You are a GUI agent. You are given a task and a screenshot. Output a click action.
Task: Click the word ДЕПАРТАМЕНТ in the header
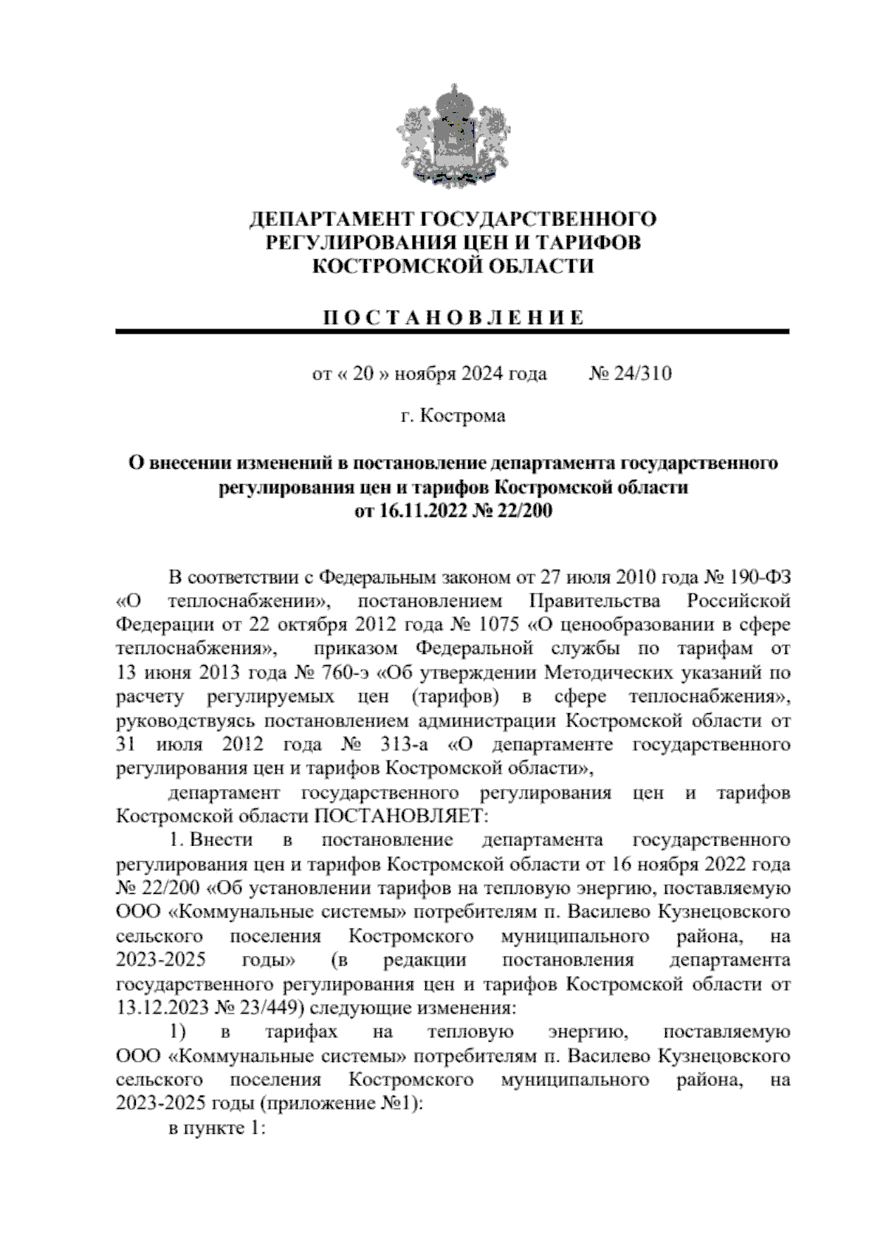point(331,220)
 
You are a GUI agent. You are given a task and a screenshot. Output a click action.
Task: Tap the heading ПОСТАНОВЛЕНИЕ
point(453,318)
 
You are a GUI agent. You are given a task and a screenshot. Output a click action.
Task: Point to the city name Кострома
point(463,416)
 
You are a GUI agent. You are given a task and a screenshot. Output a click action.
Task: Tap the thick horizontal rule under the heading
point(453,333)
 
